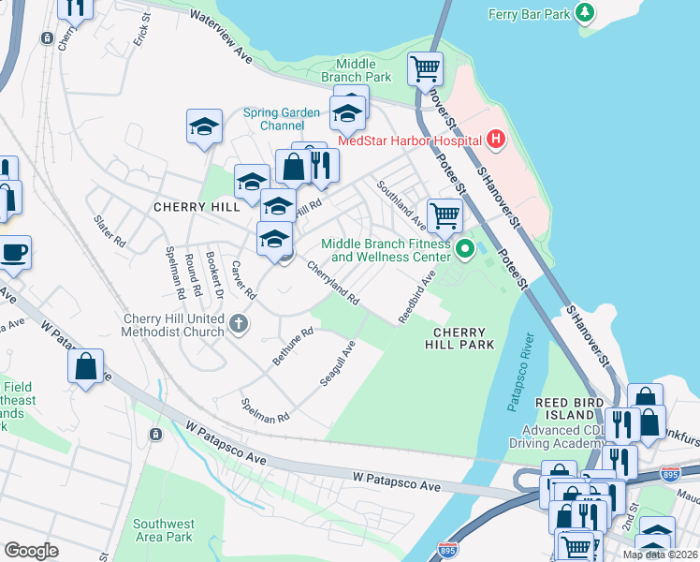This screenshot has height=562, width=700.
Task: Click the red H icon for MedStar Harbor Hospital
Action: point(496,140)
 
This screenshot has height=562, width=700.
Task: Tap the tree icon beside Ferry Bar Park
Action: point(585,13)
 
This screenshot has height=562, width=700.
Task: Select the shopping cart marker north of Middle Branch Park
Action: point(425,67)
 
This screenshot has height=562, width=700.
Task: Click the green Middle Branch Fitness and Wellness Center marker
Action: point(465,249)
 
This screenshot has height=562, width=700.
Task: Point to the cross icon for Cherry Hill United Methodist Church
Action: point(239,324)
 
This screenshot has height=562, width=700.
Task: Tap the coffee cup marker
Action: point(13,252)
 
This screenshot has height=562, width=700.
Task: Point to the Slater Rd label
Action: point(109,230)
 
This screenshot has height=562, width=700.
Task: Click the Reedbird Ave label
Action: point(417,298)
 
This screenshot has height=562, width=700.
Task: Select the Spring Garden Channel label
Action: point(282,119)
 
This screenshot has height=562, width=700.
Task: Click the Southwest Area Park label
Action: point(163,529)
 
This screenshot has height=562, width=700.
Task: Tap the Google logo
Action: point(31,551)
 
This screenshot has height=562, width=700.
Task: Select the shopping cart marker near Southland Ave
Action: point(445,214)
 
